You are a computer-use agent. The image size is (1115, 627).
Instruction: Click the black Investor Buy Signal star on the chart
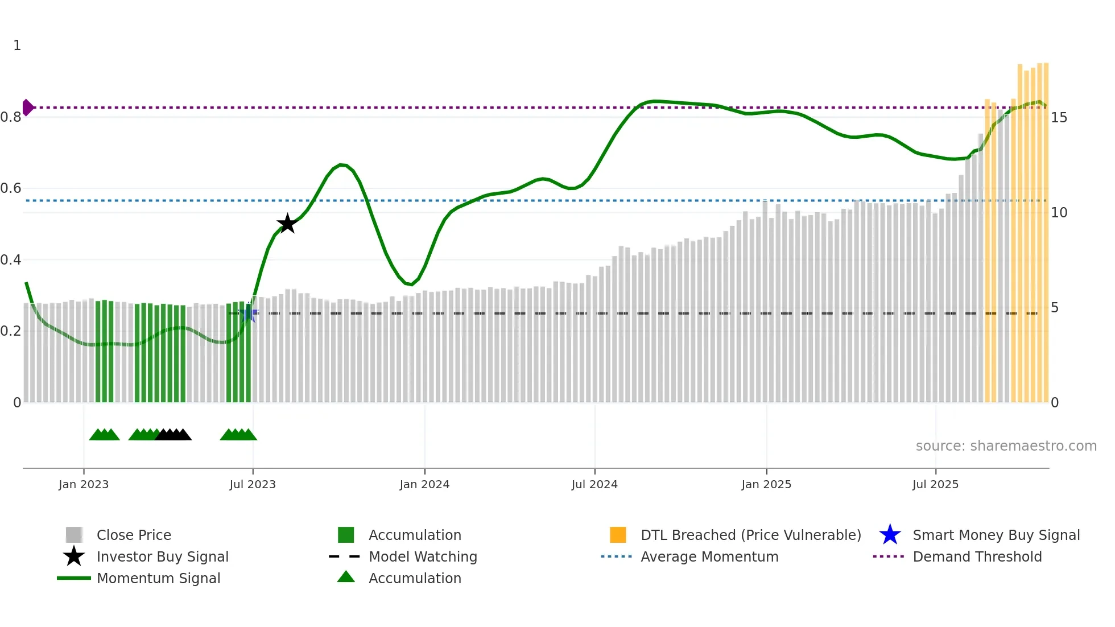287,224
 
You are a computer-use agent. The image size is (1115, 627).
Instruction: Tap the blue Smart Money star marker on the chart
249,313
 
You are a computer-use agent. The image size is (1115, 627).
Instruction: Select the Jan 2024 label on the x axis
424,484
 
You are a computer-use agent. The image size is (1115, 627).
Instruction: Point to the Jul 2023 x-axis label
253,484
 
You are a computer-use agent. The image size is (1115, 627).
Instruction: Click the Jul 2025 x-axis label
935,484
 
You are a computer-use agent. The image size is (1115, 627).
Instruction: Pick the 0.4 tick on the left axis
11,260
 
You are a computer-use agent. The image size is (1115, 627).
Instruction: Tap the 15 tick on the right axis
1059,118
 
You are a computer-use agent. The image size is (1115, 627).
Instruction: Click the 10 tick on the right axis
1059,213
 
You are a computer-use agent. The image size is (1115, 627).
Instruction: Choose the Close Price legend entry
134,535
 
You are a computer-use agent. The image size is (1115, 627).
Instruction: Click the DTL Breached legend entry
750,535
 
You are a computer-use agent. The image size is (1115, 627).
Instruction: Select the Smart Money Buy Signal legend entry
996,535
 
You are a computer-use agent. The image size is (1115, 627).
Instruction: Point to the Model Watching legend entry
423,556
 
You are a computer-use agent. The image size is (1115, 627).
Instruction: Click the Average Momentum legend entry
709,556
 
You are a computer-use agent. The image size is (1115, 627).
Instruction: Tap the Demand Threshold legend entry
977,556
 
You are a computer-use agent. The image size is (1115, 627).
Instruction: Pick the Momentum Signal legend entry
158,578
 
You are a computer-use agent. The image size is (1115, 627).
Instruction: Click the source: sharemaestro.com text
1006,446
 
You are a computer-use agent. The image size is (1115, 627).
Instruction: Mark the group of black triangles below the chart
174,435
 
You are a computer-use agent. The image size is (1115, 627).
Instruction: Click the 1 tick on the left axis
17,46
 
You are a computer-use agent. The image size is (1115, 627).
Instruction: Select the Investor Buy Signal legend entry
162,556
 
